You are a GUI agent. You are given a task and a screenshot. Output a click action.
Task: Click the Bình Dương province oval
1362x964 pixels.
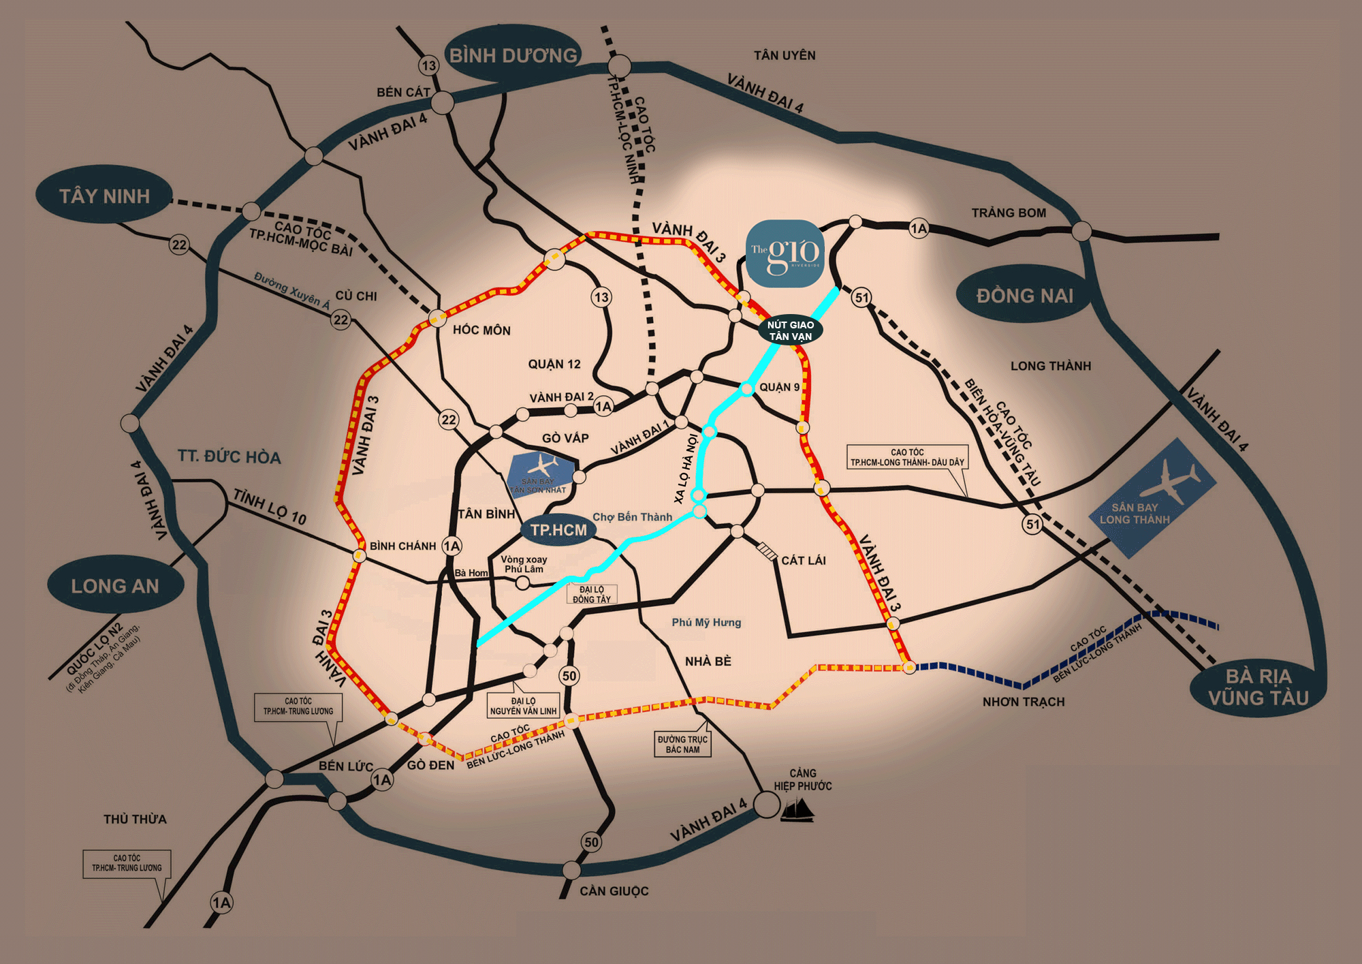coord(512,55)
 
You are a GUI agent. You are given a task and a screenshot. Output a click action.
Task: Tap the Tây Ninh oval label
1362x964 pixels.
coord(104,196)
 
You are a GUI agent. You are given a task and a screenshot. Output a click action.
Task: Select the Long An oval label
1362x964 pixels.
coord(115,586)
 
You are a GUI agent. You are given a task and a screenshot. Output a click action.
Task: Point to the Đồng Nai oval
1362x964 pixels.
coord(1024,296)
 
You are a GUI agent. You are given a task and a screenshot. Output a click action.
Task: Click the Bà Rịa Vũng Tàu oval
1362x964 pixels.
coord(1258,687)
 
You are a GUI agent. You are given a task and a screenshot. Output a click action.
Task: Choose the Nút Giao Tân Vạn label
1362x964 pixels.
coord(790,330)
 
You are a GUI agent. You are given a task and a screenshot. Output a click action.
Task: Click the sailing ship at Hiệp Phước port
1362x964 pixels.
coord(797,810)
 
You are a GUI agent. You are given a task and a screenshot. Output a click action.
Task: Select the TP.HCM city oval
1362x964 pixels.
coord(558,530)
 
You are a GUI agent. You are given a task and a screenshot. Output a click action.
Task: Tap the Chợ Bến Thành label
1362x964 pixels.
coord(632,517)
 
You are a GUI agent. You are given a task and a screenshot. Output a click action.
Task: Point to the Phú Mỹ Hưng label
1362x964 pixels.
coord(706,622)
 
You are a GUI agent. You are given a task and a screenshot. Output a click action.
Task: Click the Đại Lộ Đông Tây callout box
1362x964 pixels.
coord(591,594)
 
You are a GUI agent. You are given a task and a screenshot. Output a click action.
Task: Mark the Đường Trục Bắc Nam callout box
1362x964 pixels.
coord(682,744)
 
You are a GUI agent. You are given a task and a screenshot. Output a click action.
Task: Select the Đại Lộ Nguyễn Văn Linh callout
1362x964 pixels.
coord(523,706)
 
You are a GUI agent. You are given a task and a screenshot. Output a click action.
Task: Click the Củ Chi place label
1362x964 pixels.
coord(356,296)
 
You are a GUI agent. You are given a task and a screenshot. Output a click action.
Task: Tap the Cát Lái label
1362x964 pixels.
coord(803,560)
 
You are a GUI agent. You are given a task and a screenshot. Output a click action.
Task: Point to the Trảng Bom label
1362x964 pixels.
coord(1009,213)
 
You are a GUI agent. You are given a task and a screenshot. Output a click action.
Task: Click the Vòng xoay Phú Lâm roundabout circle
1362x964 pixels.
coord(522,583)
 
